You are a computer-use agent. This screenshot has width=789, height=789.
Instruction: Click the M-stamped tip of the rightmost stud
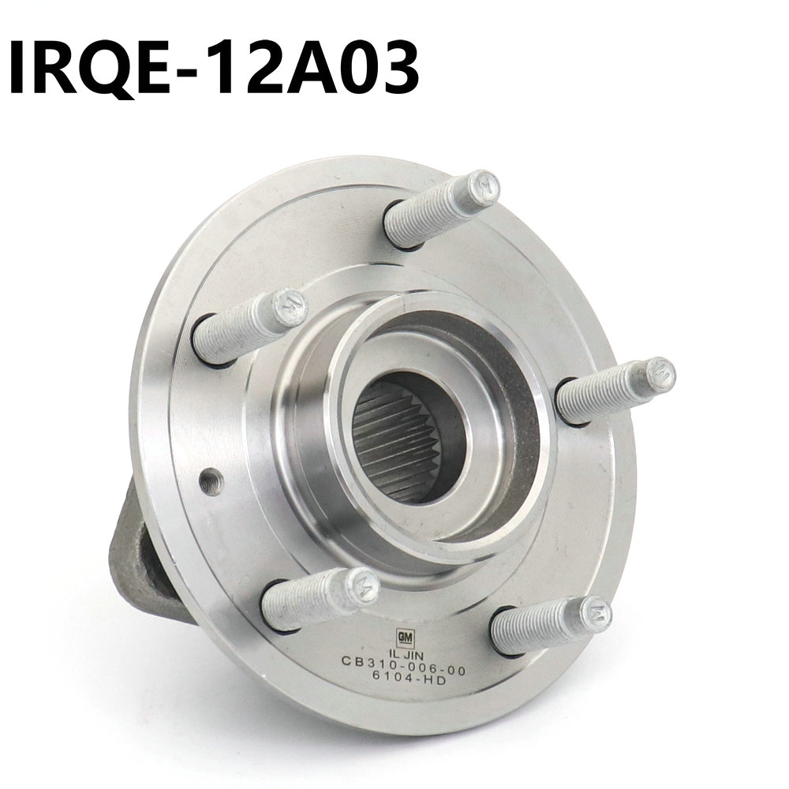click(x=659, y=374)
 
